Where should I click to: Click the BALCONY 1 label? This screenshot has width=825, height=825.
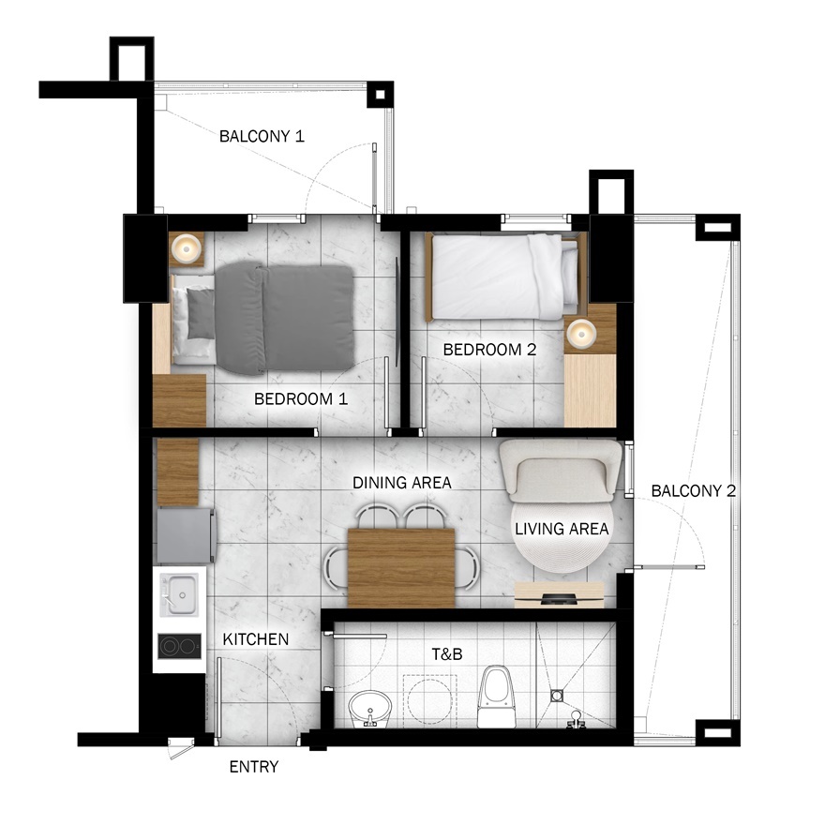coord(262,136)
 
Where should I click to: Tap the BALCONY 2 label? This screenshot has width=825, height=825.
coord(694,491)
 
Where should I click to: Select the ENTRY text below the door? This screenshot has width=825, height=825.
coord(254,767)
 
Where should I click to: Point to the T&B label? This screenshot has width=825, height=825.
coord(447,654)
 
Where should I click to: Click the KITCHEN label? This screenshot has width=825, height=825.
coord(256,639)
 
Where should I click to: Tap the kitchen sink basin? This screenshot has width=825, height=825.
coord(180,594)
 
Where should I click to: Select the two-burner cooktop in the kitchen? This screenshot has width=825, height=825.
coord(179,646)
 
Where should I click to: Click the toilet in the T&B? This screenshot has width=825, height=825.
coord(496,697)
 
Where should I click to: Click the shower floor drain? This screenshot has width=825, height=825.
coord(557,696)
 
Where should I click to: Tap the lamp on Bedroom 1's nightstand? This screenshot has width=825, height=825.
coord(187,247)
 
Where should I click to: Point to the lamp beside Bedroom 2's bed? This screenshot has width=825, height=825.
coord(581,334)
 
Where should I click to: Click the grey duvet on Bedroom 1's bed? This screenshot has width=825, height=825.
coord(284,319)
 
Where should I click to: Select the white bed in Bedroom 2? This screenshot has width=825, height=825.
coord(505,277)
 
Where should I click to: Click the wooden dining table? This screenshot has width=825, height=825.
coord(401,568)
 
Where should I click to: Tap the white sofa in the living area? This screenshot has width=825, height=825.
coord(561,471)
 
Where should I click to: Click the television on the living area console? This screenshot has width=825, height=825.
coord(560,598)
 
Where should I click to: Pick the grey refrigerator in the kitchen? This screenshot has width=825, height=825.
coord(186,535)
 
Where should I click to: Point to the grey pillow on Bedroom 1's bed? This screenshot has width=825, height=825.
coord(201,313)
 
